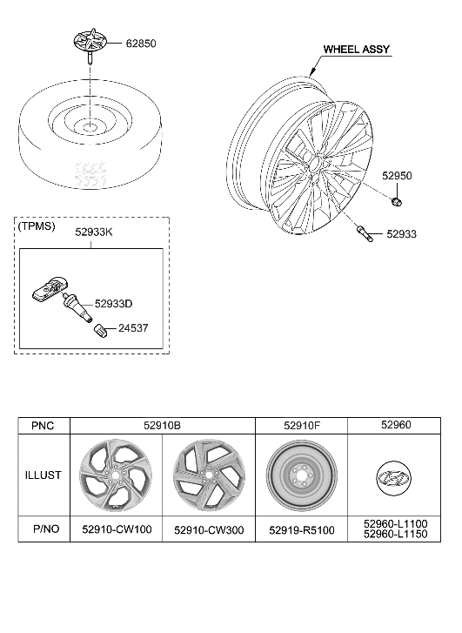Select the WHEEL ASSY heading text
point(357,51)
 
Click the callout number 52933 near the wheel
point(404,234)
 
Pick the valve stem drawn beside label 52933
point(363,233)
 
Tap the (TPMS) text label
point(37,226)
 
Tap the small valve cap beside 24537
point(102,331)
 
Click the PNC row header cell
point(44,426)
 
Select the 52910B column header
point(162,426)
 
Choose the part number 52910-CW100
point(116,529)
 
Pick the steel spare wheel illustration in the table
point(301,476)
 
